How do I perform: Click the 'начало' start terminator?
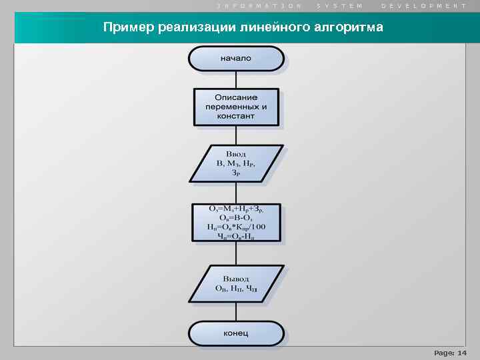click(x=236, y=59)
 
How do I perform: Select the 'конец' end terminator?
click(x=236, y=333)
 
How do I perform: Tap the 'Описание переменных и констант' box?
click(x=236, y=107)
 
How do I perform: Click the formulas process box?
click(x=236, y=223)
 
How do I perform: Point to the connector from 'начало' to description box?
click(x=236, y=79)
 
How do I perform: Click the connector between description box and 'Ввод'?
click(x=236, y=136)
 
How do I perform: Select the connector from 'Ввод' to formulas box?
click(x=236, y=193)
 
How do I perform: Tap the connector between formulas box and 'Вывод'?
click(x=236, y=254)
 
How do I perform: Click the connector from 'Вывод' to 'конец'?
click(x=236, y=312)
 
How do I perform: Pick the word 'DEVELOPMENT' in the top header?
click(x=424, y=5)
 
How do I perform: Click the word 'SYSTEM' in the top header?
click(x=340, y=5)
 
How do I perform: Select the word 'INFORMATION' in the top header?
click(x=259, y=5)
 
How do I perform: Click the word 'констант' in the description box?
click(x=236, y=116)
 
